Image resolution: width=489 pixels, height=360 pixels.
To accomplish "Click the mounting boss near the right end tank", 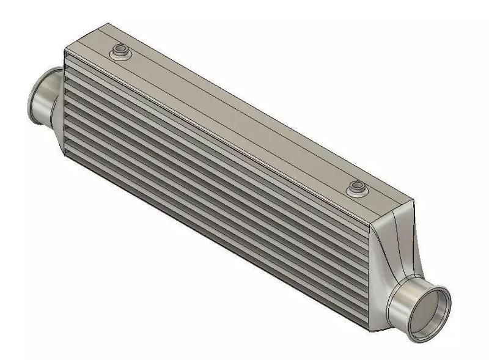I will [356, 189].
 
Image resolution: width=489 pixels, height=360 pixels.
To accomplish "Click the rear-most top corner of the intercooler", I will [109, 24].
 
